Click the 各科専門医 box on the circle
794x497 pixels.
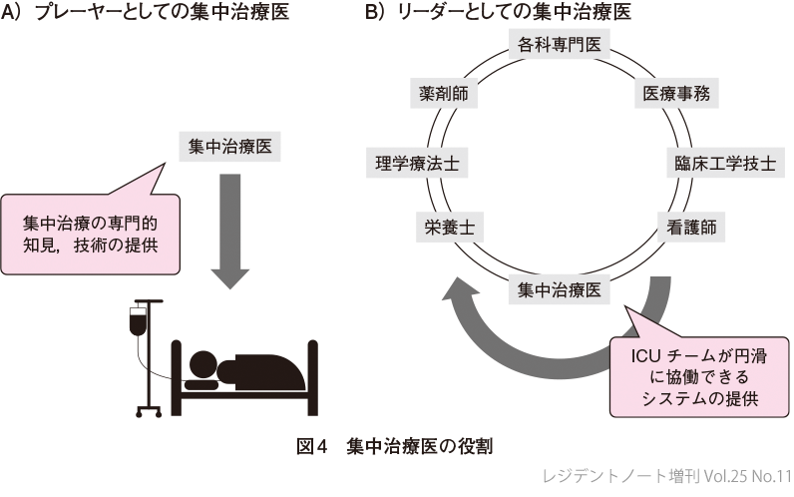point(559,44)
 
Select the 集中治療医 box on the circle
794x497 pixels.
point(559,290)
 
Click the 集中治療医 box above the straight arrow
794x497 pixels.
point(229,146)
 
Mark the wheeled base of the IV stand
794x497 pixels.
point(149,410)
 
